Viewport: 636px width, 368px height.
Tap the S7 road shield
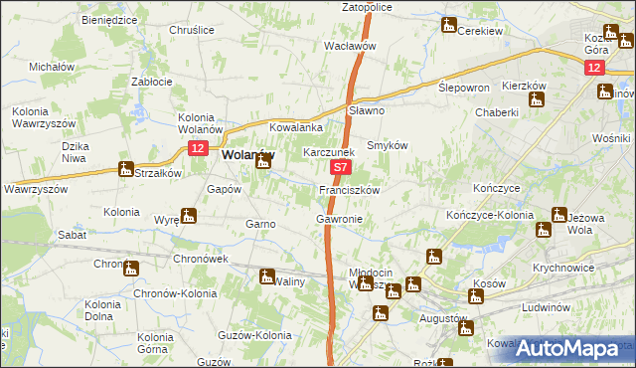click(x=340, y=170)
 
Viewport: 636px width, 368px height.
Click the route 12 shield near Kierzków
click(x=593, y=67)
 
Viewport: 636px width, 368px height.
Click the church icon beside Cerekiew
click(x=449, y=26)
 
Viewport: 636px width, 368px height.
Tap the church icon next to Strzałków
click(x=125, y=169)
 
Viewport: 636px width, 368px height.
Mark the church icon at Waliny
click(x=267, y=276)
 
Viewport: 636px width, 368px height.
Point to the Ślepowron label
click(x=464, y=88)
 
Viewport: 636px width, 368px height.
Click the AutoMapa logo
click(x=570, y=347)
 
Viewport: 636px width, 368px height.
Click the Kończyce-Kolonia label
click(x=503, y=215)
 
